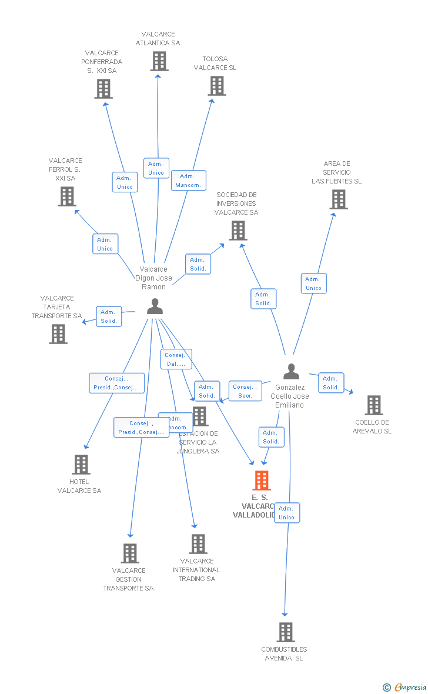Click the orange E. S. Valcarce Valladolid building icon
262,481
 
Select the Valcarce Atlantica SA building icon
159,61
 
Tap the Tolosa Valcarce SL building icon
216,86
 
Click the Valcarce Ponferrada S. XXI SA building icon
103,89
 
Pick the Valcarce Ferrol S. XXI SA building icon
67,196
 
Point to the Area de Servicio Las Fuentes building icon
338,199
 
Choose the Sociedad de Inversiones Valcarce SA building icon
238,231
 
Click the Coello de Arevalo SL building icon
373,405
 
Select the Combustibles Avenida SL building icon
285,632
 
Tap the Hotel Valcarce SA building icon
81,465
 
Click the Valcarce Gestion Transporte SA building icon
130,553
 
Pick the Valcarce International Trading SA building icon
198,544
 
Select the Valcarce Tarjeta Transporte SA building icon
58,334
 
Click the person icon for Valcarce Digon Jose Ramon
155,306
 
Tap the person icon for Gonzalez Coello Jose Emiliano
291,372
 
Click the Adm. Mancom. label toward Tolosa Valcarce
188,181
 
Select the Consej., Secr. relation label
245,391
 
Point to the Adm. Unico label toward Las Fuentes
313,283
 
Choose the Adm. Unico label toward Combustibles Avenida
286,513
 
